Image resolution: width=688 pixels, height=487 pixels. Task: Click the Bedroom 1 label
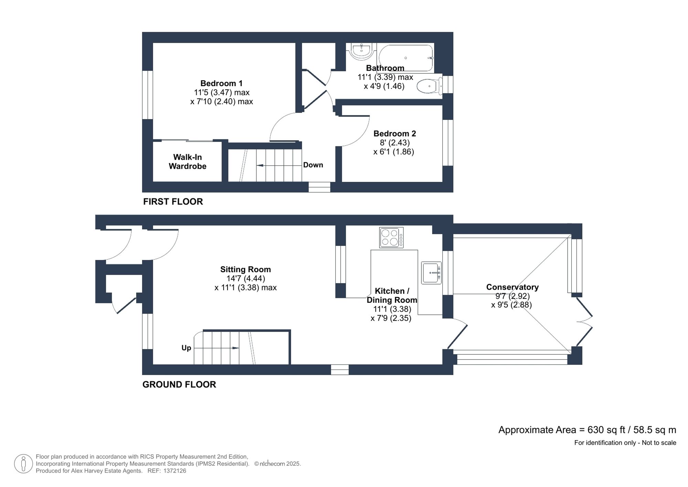[221, 83]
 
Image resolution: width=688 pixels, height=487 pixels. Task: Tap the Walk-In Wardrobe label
[187, 162]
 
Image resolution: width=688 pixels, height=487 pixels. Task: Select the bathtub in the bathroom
[406, 58]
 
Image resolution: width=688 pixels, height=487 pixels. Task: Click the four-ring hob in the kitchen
[391, 237]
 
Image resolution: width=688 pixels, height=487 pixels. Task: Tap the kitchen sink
[431, 273]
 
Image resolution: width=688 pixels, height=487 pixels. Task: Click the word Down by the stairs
[313, 165]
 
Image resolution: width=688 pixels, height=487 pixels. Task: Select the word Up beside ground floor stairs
[186, 348]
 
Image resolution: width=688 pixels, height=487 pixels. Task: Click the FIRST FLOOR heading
[173, 201]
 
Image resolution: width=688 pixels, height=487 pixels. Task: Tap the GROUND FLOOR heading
[179, 384]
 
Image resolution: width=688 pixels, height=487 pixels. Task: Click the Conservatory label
[512, 287]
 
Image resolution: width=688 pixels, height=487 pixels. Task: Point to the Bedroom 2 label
[395, 134]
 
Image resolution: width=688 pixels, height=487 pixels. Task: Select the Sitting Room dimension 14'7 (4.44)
[245, 278]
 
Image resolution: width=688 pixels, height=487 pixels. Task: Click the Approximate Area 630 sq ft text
[587, 430]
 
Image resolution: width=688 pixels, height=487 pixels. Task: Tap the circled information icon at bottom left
[23, 464]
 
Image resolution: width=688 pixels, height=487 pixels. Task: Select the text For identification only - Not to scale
[625, 443]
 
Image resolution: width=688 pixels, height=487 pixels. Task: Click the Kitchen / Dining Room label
[392, 295]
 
